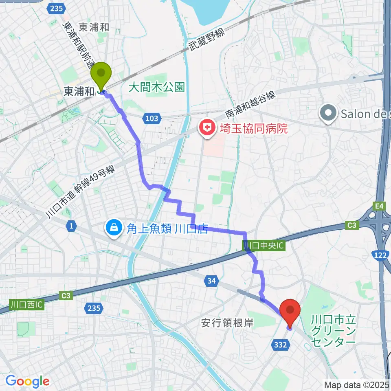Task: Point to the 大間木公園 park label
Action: [156, 87]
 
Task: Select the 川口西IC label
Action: [26, 304]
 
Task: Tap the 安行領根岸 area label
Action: [227, 323]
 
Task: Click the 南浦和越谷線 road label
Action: [250, 105]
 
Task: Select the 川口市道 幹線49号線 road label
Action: [81, 191]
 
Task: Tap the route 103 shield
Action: [151, 119]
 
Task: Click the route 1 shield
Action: [72, 226]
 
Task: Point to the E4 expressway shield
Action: [380, 206]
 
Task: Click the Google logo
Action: [28, 381]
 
